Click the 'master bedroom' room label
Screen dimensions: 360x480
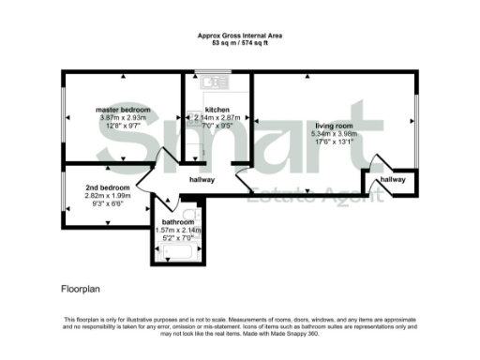point(118,110)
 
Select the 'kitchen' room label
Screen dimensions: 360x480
point(217,110)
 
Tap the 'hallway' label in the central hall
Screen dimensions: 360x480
point(202,179)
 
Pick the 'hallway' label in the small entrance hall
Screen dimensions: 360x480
point(393,179)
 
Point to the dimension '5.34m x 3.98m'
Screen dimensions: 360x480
point(336,133)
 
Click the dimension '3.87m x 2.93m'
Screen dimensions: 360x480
point(118,117)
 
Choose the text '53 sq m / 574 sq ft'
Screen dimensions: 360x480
point(240,43)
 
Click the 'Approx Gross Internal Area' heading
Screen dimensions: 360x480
point(240,36)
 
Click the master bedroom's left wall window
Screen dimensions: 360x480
point(64,116)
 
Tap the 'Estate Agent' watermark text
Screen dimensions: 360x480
point(315,196)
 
